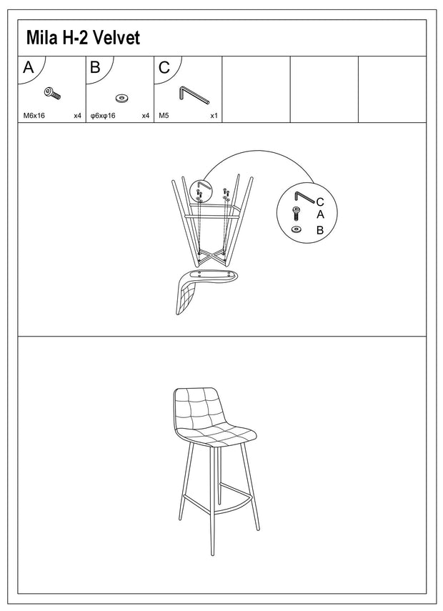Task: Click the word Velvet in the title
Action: pyautogui.click(x=116, y=38)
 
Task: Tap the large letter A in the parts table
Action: pyautogui.click(x=28, y=67)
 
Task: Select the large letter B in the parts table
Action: pyautogui.click(x=96, y=67)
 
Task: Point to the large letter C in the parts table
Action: pyautogui.click(x=164, y=68)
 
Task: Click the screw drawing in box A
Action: pyautogui.click(x=53, y=94)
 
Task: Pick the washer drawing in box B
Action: pyautogui.click(x=122, y=98)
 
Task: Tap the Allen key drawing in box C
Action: pyautogui.click(x=194, y=96)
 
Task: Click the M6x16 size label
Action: pyautogui.click(x=34, y=116)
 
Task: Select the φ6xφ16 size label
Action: pyautogui.click(x=103, y=116)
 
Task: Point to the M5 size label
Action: pyautogui.click(x=164, y=116)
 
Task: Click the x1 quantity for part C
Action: pyautogui.click(x=214, y=116)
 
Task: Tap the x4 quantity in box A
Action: pyautogui.click(x=78, y=116)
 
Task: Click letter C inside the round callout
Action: pyautogui.click(x=320, y=202)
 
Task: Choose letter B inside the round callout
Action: pyautogui.click(x=320, y=230)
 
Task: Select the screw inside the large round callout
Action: pyautogui.click(x=296, y=214)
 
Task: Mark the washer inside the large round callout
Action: pyautogui.click(x=297, y=229)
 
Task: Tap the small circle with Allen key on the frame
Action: pyautogui.click(x=200, y=192)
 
